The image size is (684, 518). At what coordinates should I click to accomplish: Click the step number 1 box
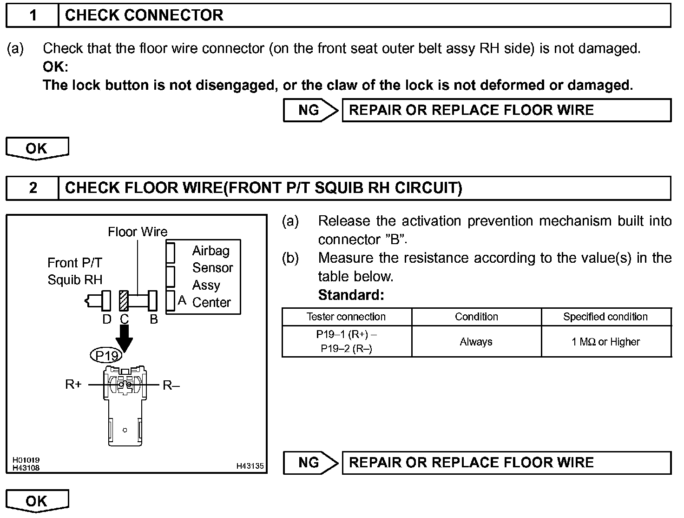point(33,15)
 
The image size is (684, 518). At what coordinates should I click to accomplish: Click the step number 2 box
point(33,188)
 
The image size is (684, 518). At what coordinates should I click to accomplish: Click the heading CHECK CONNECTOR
point(144,15)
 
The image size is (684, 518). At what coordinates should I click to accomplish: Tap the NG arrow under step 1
point(310,110)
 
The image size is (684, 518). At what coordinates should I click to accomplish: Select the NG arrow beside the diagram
point(310,463)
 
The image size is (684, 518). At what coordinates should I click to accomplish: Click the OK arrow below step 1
point(37,148)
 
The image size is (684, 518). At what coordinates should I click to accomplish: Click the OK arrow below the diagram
point(37,501)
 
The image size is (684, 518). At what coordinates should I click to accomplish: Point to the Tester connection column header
point(346,317)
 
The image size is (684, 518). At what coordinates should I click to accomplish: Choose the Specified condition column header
point(605,317)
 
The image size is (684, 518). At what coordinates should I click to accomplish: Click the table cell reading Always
point(476,342)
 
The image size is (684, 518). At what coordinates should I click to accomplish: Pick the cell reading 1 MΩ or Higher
point(605,342)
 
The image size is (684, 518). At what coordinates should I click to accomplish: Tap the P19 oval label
point(106,356)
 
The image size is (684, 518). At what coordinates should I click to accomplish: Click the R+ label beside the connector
point(73,385)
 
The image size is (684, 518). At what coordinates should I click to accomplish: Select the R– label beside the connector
point(171,385)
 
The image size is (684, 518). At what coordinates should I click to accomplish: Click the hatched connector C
point(124,301)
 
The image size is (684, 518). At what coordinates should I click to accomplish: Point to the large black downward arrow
point(124,337)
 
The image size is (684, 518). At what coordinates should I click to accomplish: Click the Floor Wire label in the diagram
point(138,232)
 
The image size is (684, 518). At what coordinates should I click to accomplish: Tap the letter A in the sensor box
point(182,300)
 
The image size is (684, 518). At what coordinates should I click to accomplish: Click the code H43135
point(250,466)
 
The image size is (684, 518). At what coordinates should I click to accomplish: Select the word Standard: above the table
point(351,295)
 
